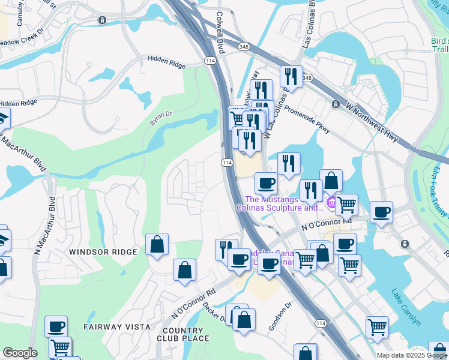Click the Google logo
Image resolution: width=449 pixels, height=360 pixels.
(x=20, y=353)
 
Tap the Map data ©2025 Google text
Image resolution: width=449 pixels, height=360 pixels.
(x=412, y=355)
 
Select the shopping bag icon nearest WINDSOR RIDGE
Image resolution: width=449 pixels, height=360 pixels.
(x=157, y=244)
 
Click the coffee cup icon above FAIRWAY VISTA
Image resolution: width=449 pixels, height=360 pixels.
(x=56, y=326)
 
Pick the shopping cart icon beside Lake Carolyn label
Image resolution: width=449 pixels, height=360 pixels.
(x=377, y=327)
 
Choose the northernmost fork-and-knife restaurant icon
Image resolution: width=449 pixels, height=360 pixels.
(x=291, y=76)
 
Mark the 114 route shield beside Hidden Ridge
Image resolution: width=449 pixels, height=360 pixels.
(x=210, y=61)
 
